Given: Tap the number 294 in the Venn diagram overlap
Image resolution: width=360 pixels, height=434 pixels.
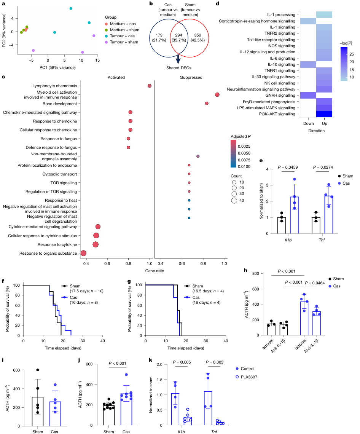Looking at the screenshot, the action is pyautogui.click(x=179, y=35).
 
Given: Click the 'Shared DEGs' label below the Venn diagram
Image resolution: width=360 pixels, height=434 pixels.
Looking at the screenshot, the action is pyautogui.click(x=179, y=68).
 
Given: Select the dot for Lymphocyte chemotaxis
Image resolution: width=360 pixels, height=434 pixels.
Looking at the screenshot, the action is pyautogui.click(x=150, y=86).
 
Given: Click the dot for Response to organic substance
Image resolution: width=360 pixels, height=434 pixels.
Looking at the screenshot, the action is pyautogui.click(x=83, y=253).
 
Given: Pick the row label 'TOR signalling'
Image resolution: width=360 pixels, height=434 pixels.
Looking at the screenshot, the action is pyautogui.click(x=64, y=183).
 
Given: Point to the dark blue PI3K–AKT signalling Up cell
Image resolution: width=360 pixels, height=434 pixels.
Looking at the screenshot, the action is pyautogui.click(x=324, y=114).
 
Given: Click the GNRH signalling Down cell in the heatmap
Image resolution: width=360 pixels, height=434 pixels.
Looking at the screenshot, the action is pyautogui.click(x=308, y=96).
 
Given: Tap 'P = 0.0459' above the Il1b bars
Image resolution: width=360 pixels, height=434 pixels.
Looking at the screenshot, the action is pyautogui.click(x=288, y=167).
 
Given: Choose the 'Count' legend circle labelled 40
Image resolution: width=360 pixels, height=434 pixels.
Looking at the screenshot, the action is pyautogui.click(x=234, y=201).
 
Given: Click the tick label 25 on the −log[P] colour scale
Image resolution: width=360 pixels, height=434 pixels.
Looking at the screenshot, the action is pyautogui.click(x=351, y=54).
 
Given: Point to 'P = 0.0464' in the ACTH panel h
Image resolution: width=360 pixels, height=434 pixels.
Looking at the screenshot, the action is pyautogui.click(x=315, y=283).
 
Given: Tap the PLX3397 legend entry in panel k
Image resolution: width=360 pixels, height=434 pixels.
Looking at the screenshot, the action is pyautogui.click(x=246, y=377).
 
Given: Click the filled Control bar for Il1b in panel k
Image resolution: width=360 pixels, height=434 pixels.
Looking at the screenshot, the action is pyautogui.click(x=175, y=409).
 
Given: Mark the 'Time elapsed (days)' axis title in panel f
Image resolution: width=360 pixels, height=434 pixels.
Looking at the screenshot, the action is pyautogui.click(x=63, y=348).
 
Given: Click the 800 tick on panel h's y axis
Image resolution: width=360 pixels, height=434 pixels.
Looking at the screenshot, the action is pyautogui.click(x=256, y=273).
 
